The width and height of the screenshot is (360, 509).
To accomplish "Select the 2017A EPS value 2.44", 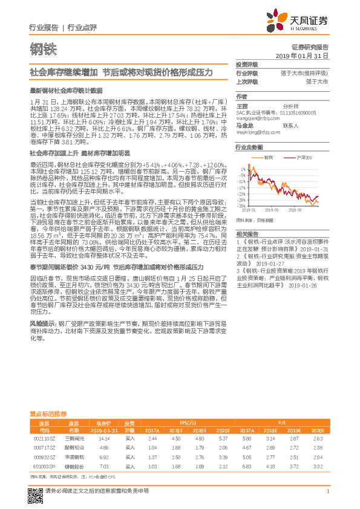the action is coord(152,438).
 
